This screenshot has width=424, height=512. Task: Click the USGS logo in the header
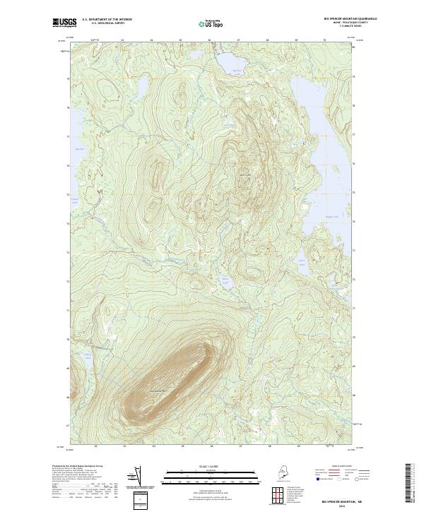[64, 23]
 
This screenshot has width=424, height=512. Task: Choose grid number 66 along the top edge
[209, 41]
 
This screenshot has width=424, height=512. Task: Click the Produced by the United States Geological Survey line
[76, 467]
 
